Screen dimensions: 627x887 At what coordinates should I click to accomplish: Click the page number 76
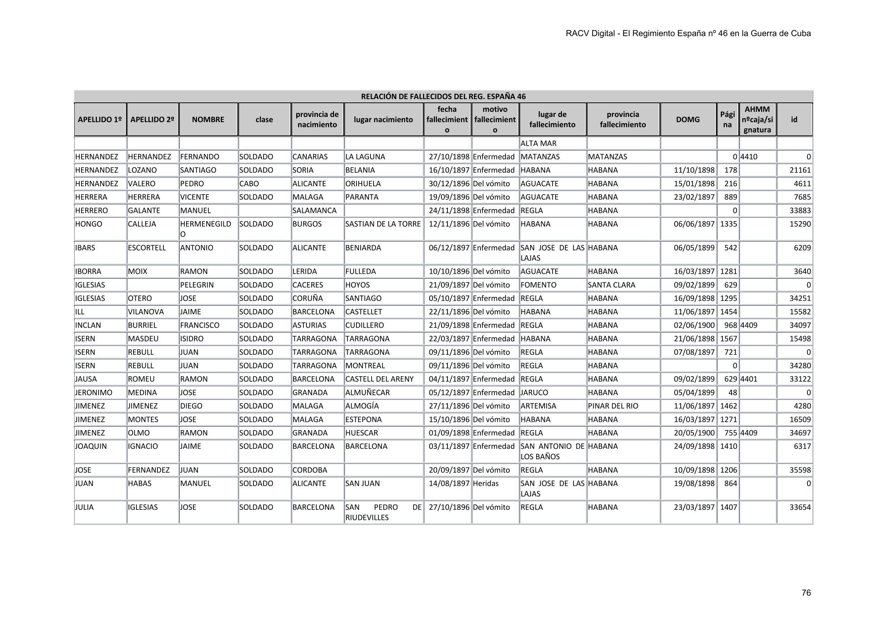[x=806, y=592]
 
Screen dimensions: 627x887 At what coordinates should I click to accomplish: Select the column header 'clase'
[x=264, y=119]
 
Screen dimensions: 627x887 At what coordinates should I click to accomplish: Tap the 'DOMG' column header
[x=688, y=119]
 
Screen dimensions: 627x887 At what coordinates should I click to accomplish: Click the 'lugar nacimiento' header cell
[x=383, y=119]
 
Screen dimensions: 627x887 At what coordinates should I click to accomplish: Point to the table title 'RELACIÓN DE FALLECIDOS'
[x=443, y=96]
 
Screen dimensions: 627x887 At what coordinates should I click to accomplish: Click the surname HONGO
[x=88, y=224]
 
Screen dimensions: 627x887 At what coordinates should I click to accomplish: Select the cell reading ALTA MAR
[x=538, y=143]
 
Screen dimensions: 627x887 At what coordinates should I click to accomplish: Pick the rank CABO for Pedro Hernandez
[x=249, y=184]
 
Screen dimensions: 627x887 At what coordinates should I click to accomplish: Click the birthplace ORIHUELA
[x=363, y=184]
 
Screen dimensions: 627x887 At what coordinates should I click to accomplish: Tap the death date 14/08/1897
[x=449, y=483]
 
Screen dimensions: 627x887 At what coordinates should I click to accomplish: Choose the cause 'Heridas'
[x=486, y=483]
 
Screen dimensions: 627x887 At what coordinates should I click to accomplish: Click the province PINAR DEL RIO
[x=613, y=406]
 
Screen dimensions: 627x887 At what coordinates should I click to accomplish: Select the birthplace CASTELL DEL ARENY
[x=379, y=379]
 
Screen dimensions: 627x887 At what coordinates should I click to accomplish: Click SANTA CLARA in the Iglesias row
[x=611, y=285]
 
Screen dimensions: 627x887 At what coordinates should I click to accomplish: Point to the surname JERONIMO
[x=94, y=393]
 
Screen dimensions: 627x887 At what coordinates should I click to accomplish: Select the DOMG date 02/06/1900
[x=694, y=325]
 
